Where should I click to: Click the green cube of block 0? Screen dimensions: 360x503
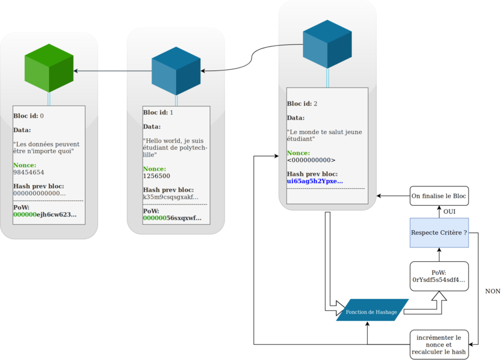(x=49, y=71)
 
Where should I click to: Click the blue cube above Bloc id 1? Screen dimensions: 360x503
(x=177, y=71)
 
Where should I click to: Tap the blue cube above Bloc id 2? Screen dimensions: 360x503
(x=328, y=44)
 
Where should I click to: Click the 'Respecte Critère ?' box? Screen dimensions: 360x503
(x=439, y=232)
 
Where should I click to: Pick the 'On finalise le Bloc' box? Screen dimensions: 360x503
(x=439, y=196)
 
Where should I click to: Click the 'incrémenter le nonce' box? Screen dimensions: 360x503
(x=439, y=344)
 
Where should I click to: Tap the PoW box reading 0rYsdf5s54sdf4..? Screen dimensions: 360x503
(x=439, y=276)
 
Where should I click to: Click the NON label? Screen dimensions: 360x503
(x=492, y=291)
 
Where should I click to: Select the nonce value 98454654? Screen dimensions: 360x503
(x=29, y=172)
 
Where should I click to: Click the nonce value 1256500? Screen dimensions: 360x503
(x=157, y=177)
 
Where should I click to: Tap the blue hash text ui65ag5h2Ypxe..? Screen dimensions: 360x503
(x=315, y=181)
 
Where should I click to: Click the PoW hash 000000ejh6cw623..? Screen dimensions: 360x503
(x=45, y=215)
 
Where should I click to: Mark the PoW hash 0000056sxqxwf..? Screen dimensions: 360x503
(x=172, y=218)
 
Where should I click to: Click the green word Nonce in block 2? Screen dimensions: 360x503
(x=298, y=153)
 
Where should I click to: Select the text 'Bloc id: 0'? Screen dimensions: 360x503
(x=29, y=116)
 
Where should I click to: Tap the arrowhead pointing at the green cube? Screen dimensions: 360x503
(x=77, y=71)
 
